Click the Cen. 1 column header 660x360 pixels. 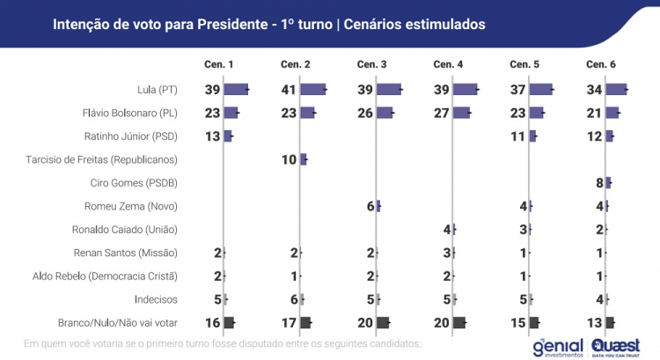click(x=219, y=65)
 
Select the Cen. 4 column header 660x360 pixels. click(x=449, y=65)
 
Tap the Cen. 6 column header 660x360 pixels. click(x=601, y=65)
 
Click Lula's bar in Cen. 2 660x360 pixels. click(x=313, y=90)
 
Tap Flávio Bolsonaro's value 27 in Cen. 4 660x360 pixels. click(x=442, y=113)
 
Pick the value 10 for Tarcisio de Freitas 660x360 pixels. click(x=290, y=159)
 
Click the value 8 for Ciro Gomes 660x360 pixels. click(x=599, y=183)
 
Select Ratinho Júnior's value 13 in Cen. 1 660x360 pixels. click(x=213, y=136)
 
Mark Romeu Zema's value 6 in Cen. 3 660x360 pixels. click(x=370, y=206)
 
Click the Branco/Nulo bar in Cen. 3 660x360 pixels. click(x=384, y=322)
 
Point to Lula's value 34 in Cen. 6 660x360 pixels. click(x=595, y=90)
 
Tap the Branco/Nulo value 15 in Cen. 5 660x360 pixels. click(x=518, y=322)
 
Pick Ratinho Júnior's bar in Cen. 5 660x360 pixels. click(x=532, y=136)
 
